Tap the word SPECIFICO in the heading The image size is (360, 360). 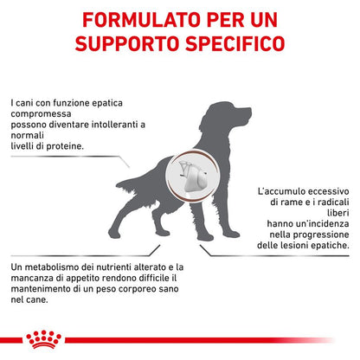235,43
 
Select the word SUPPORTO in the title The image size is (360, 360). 127,43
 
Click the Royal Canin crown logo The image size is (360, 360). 43,339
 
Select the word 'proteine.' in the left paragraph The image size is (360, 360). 65,146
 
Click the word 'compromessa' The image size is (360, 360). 41,114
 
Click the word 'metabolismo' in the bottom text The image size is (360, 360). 53,267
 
